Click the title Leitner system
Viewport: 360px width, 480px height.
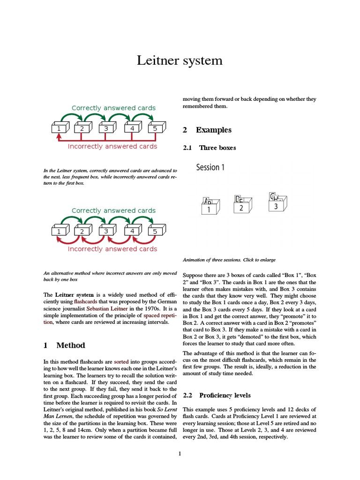tap(180, 61)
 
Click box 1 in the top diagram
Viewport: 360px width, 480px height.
tap(60, 128)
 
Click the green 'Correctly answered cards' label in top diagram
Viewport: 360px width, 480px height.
tap(113, 108)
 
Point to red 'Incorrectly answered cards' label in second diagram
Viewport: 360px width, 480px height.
tap(112, 249)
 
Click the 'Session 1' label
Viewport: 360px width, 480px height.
tap(210, 167)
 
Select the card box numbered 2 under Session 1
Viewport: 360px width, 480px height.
tap(242, 206)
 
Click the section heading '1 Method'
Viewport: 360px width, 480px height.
tap(64, 345)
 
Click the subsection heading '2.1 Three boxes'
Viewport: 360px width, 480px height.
tap(209, 148)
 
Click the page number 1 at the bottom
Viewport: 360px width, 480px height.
tap(180, 453)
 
